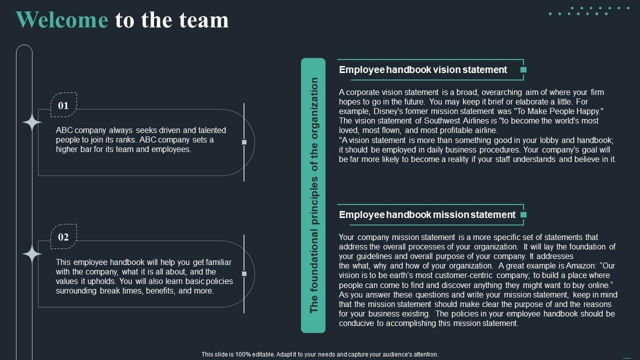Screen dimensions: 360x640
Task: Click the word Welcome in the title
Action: tap(62, 20)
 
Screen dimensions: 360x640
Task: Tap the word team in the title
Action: tap(206, 20)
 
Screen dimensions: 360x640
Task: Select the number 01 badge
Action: tap(63, 105)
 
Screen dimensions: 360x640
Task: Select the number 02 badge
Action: tap(63, 237)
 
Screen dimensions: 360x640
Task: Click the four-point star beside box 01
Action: tap(31, 123)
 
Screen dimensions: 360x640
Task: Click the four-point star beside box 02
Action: tap(31, 254)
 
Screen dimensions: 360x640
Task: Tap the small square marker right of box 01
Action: tap(244, 142)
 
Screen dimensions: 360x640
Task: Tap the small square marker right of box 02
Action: tap(244, 273)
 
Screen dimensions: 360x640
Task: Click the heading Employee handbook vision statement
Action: tap(423, 70)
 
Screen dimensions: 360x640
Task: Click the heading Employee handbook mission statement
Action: tap(427, 215)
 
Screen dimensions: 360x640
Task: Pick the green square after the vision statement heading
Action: tap(523, 70)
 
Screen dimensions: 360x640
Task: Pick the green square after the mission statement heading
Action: tap(523, 215)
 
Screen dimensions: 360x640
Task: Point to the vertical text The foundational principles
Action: tap(314, 195)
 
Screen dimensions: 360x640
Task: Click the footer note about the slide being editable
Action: tap(320, 354)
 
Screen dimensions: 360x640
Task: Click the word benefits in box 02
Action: tap(160, 291)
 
